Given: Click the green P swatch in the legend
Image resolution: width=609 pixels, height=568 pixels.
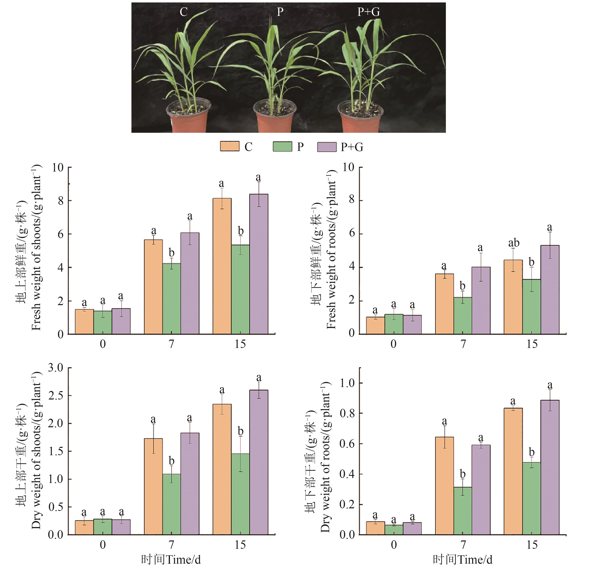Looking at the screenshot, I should [282, 146].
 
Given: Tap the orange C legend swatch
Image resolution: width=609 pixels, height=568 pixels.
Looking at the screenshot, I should [229, 146].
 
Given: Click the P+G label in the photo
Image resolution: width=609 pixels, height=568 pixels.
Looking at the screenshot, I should [368, 12].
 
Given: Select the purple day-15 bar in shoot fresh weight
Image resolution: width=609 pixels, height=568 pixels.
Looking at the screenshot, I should [259, 264].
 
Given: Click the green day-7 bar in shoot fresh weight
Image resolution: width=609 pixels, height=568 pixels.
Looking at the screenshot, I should [172, 299].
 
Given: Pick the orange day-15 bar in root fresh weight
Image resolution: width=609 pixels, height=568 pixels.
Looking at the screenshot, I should [513, 297].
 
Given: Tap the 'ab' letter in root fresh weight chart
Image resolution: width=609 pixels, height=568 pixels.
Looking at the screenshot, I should [514, 243].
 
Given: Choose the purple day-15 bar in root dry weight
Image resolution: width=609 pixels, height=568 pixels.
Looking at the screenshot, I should [550, 467].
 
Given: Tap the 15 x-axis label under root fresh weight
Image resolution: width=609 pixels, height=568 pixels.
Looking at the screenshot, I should [532, 344].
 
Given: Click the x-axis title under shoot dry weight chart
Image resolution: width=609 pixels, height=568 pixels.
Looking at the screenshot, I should [171, 560].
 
